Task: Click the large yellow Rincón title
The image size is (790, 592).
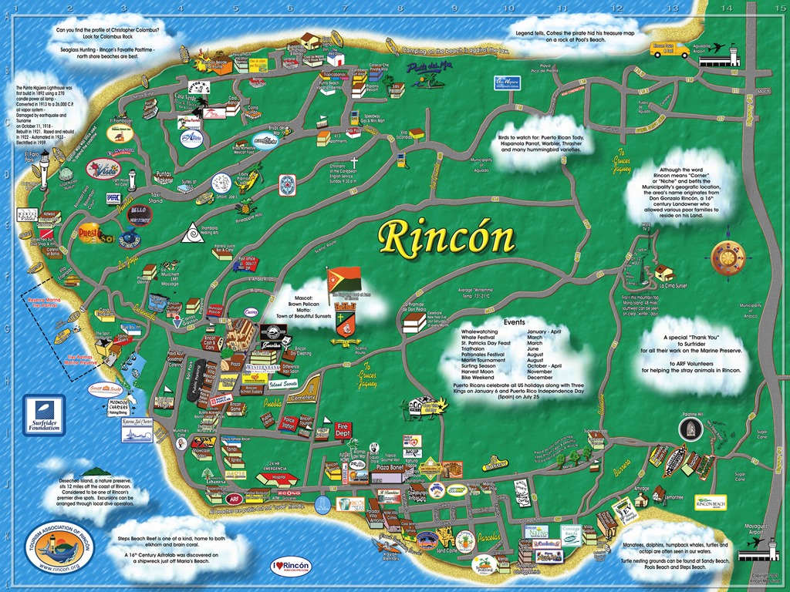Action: [x=447, y=239]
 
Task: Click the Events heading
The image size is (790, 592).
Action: [x=514, y=321]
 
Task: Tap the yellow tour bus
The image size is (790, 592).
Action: [x=670, y=50]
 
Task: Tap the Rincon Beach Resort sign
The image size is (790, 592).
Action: [x=711, y=502]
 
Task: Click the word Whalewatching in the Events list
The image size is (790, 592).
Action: [x=484, y=331]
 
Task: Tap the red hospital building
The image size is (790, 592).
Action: [x=276, y=478]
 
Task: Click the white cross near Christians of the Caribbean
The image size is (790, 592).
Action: [x=355, y=163]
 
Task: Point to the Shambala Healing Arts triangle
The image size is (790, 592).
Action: [x=189, y=231]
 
